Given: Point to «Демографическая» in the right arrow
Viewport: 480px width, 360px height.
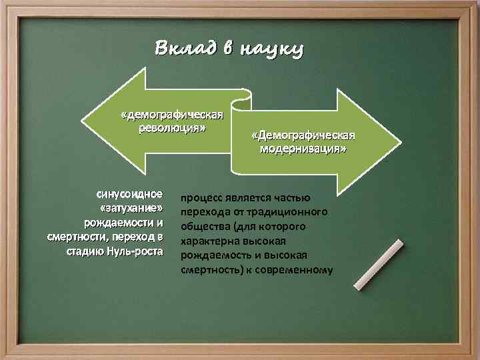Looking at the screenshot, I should pyautogui.click(x=303, y=136).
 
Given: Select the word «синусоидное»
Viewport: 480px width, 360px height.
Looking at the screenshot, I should pyautogui.click(x=130, y=195).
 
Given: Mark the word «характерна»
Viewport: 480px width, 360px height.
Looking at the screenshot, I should pyautogui.click(x=210, y=241).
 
